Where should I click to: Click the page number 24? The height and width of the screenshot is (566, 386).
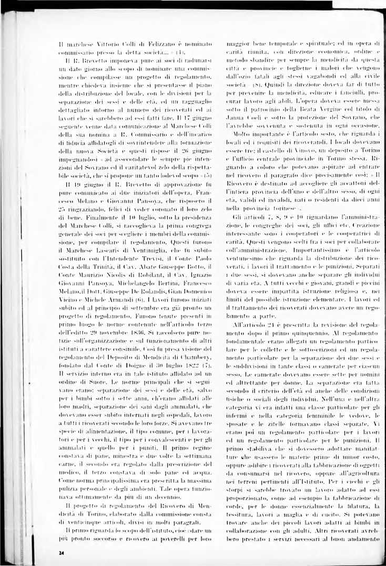click(62, 553)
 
